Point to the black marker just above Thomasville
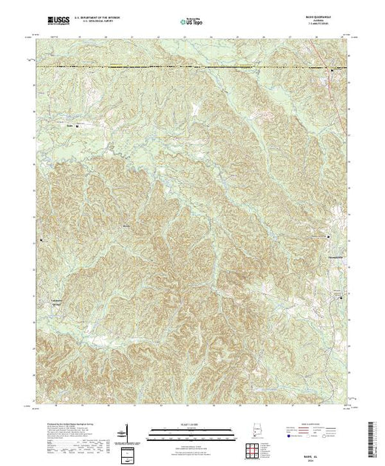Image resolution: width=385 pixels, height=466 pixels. tap(330, 236)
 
